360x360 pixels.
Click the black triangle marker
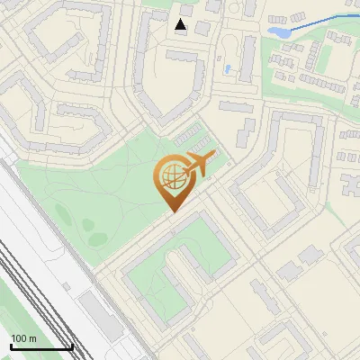click(x=182, y=25)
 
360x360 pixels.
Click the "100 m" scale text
click(x=24, y=338)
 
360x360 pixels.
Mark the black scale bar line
click(x=41, y=346)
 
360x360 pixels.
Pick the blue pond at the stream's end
click(x=278, y=31)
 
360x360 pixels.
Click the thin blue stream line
click(x=319, y=22)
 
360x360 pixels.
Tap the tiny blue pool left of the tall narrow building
click(x=229, y=68)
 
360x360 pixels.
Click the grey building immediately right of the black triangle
click(x=202, y=28)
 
